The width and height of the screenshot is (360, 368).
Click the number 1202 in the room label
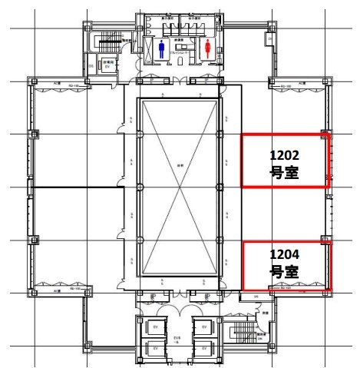tap(285, 155)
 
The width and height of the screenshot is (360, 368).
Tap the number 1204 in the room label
tap(285, 254)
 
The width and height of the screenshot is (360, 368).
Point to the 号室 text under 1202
tap(285, 174)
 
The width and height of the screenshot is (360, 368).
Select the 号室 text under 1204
tap(285, 272)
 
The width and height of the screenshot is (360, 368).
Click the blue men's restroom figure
tap(161, 49)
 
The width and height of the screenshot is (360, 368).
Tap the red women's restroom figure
tap(208, 49)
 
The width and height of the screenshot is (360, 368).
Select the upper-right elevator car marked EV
tap(203, 327)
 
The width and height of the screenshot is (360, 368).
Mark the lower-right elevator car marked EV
tap(203, 348)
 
